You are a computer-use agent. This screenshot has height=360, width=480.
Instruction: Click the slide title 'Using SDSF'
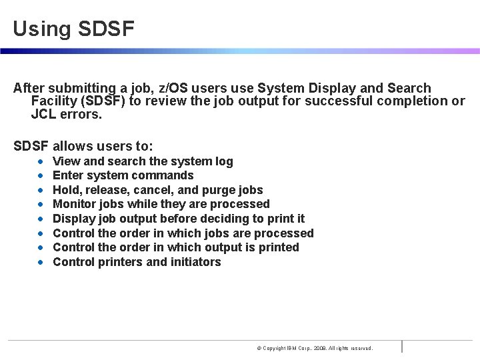(x=73, y=29)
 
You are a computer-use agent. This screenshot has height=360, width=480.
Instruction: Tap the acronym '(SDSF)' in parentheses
(x=103, y=101)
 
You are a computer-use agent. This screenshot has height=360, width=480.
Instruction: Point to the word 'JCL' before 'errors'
(x=43, y=114)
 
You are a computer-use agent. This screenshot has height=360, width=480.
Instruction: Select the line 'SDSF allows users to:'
(x=83, y=146)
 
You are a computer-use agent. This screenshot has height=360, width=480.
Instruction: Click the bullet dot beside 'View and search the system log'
(x=41, y=161)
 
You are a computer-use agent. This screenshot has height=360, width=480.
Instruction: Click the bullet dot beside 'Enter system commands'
(x=41, y=176)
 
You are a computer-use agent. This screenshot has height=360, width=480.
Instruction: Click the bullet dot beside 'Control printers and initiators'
(x=41, y=262)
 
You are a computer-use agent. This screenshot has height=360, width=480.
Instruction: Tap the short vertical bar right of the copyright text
(x=402, y=346)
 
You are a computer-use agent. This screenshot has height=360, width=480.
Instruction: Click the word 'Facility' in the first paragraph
(x=55, y=101)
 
